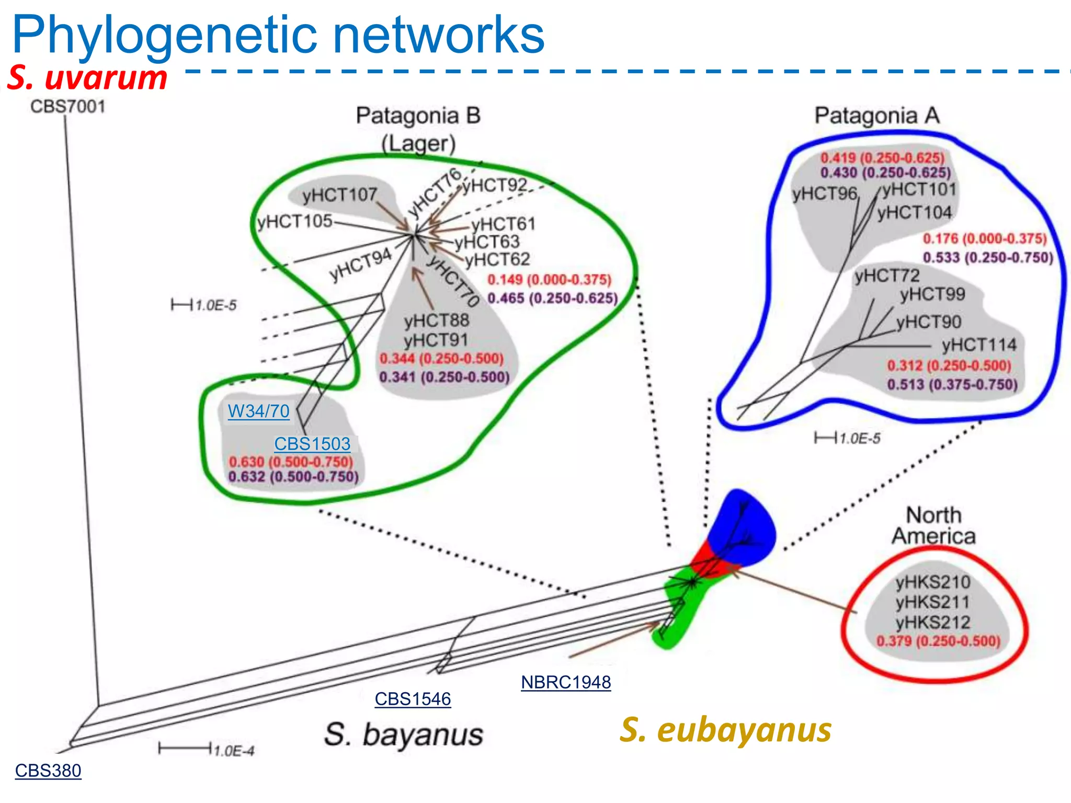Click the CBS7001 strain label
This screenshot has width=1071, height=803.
click(x=68, y=106)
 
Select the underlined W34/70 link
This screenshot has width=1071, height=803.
click(x=258, y=411)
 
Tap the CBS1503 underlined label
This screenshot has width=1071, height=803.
click(x=312, y=444)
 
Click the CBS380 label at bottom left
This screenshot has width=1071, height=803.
click(x=48, y=771)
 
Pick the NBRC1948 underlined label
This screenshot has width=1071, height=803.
click(x=566, y=682)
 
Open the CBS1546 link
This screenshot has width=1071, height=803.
click(x=413, y=699)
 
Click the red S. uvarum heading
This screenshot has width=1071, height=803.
click(x=87, y=77)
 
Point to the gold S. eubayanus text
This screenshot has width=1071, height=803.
click(x=726, y=730)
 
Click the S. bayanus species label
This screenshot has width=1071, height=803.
click(x=403, y=735)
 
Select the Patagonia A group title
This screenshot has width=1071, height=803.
click(x=877, y=116)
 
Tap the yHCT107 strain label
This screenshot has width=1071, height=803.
click(x=339, y=195)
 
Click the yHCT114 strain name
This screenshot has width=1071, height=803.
click(x=979, y=345)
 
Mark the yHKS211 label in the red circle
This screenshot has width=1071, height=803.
click(x=932, y=602)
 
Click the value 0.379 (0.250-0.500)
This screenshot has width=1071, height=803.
click(x=938, y=641)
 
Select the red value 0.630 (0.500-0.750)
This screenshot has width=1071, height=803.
click(x=291, y=462)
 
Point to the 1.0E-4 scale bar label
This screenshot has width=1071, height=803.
click(x=234, y=751)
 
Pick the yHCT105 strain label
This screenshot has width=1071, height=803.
click(x=294, y=221)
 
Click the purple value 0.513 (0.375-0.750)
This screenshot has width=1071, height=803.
click(x=952, y=384)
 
